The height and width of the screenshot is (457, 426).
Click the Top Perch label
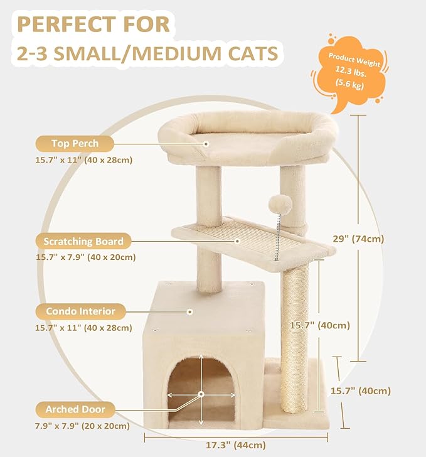(x=75, y=143)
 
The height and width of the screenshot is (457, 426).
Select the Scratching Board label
(x=83, y=241)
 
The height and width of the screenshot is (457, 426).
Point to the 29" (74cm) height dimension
(x=358, y=239)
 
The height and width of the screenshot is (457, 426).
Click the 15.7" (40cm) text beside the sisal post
(x=319, y=325)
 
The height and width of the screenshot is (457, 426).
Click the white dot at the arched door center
(x=201, y=394)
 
